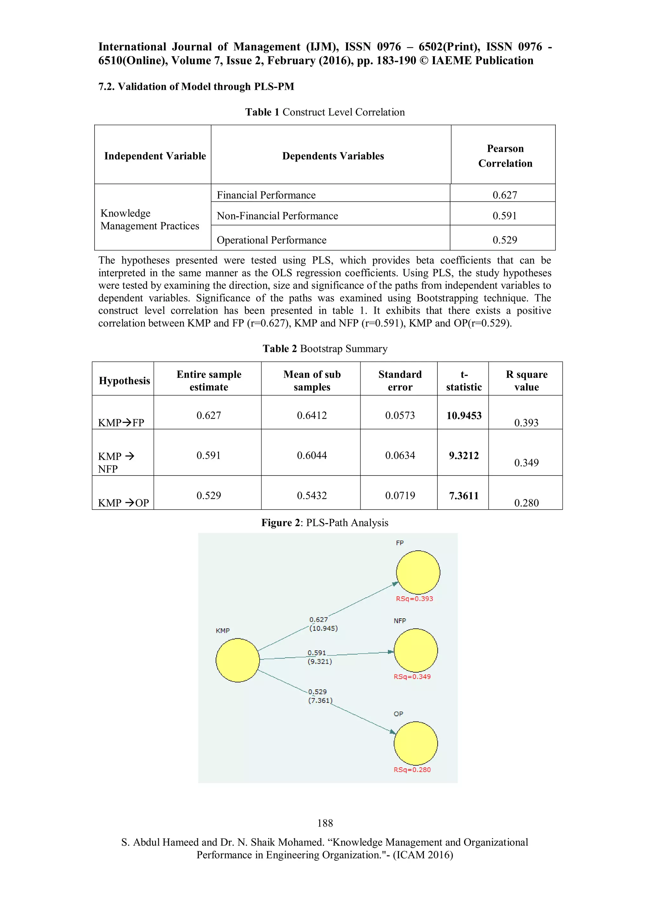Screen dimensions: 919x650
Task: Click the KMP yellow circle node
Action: tap(237, 660)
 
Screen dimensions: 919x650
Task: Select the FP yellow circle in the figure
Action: tap(418, 572)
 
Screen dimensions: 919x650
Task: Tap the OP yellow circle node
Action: tap(415, 743)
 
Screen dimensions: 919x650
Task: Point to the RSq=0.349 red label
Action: tap(412, 676)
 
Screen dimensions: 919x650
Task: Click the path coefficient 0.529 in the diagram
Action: tap(317, 692)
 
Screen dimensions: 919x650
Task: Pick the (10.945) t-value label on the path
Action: tap(323, 629)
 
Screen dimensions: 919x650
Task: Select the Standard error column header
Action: tap(400, 380)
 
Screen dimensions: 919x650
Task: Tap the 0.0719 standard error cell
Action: tap(400, 496)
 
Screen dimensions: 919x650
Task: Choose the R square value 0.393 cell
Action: tap(526, 423)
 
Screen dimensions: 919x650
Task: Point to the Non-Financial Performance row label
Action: tap(277, 216)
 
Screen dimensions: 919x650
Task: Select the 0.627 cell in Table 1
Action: tap(505, 195)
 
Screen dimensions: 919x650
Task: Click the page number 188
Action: tap(325, 823)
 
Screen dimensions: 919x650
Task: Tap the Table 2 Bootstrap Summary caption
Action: tap(325, 349)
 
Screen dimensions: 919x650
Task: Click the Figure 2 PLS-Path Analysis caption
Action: tap(325, 523)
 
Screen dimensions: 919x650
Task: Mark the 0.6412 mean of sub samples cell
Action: tap(312, 416)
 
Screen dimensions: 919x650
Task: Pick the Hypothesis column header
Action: tap(124, 381)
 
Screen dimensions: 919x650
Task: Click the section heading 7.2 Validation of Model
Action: tap(196, 86)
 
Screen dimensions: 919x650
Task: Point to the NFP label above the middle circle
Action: tap(400, 621)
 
